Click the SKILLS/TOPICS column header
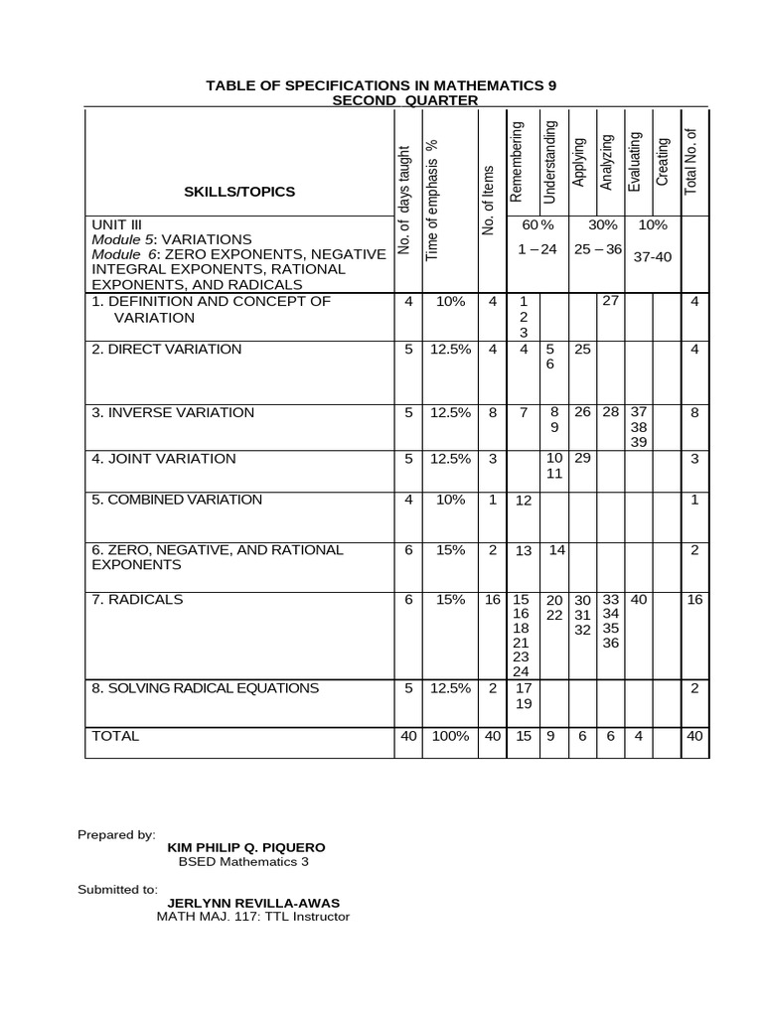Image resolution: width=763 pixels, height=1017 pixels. [x=238, y=192]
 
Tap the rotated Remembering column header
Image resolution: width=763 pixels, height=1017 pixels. [x=517, y=161]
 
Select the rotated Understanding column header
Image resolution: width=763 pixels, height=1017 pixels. [x=550, y=161]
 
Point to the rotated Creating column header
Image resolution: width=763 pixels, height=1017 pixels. [x=663, y=163]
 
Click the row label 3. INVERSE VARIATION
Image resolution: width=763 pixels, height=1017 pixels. [x=173, y=412]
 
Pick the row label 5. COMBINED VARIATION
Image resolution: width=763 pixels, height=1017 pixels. [x=177, y=500]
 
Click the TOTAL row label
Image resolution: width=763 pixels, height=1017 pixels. [x=115, y=736]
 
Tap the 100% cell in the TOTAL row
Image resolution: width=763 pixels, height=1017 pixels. [x=450, y=736]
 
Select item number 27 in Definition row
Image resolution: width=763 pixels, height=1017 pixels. [x=610, y=301]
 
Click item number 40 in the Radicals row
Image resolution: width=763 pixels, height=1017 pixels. [x=639, y=600]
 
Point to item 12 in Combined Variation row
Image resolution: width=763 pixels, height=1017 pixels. [x=524, y=501]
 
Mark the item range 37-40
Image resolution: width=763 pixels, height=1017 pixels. [x=653, y=256]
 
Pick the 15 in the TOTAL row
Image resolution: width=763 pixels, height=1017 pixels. [x=523, y=736]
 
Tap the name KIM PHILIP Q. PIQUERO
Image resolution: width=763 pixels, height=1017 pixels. [x=245, y=847]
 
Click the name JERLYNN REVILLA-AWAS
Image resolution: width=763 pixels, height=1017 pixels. [x=253, y=903]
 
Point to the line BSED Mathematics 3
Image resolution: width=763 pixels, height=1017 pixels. [x=244, y=861]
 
